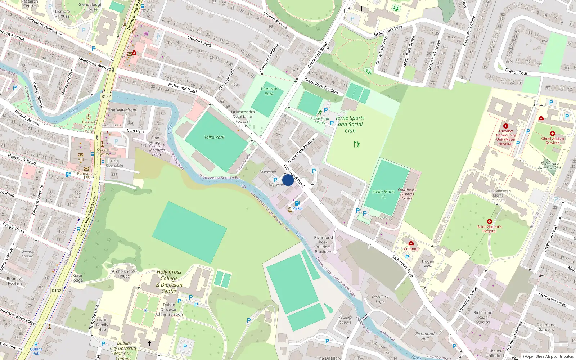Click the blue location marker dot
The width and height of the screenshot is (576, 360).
point(288,180)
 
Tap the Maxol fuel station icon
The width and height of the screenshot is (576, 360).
point(297,203)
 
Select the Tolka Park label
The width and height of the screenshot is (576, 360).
point(214,137)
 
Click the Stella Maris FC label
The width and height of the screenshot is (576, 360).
point(383,194)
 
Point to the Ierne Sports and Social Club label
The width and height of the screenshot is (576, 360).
point(350,124)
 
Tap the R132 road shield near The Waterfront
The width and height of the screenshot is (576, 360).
point(106,96)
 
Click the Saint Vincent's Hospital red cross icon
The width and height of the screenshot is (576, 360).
point(489,221)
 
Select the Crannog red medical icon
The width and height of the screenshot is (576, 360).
point(411,243)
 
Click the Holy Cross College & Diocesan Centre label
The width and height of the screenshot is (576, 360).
point(169,282)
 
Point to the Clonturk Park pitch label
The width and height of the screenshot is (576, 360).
point(269,91)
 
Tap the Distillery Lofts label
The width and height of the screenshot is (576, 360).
point(380,299)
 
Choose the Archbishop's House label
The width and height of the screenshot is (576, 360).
point(123,274)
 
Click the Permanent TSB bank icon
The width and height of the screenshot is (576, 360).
point(86,168)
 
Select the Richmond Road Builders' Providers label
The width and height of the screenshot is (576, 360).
point(323,244)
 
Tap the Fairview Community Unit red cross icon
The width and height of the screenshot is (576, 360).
point(506,126)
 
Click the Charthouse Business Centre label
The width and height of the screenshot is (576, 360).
point(407,194)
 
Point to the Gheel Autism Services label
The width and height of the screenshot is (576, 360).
point(553,140)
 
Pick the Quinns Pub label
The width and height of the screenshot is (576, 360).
point(36,351)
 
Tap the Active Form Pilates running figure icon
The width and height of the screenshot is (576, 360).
point(320,113)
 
